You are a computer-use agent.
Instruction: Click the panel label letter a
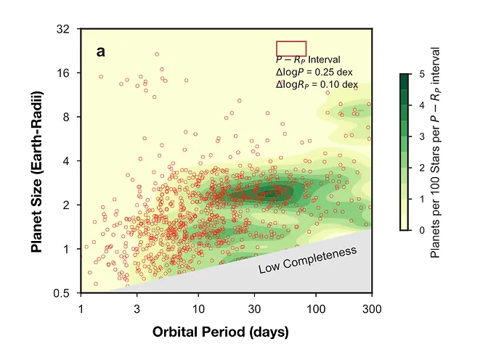[x=101, y=52]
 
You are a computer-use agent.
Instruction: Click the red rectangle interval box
[x=291, y=48]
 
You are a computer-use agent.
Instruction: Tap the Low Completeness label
[x=308, y=261]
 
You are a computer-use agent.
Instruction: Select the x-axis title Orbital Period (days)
[x=221, y=332]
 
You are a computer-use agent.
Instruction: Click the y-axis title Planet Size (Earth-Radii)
[x=36, y=173]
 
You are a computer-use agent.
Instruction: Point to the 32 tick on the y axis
[x=63, y=29]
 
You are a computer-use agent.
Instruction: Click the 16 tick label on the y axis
[x=63, y=73]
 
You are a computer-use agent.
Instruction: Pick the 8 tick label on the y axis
[x=66, y=117]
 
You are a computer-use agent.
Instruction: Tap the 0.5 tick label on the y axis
[x=61, y=293]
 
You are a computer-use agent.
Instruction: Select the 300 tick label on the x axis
[x=372, y=309]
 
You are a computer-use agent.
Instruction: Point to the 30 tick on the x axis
[x=254, y=309]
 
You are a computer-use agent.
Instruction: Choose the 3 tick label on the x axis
[x=137, y=309]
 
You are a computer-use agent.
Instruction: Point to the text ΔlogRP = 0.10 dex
[x=317, y=84]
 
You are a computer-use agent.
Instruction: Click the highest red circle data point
[x=157, y=54]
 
